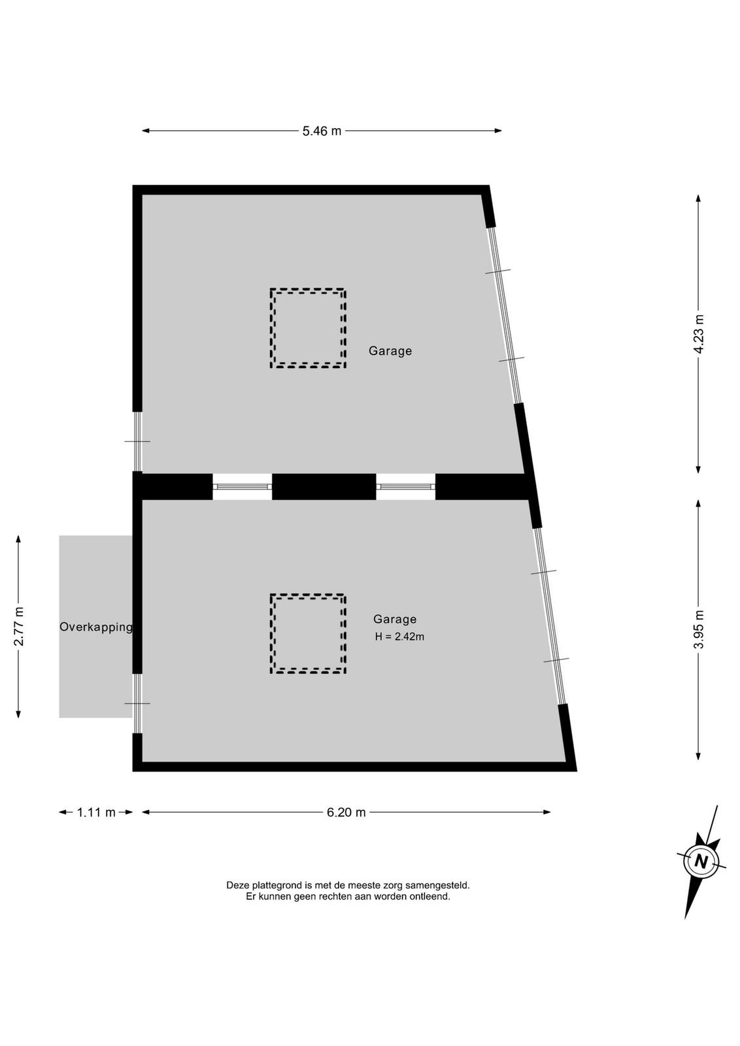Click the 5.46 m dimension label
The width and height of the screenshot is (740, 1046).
coord(322,131)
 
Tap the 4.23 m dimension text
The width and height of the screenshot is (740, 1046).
coord(698,334)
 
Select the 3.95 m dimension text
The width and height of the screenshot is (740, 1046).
coord(698,629)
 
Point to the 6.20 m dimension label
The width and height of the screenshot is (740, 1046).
coord(346,812)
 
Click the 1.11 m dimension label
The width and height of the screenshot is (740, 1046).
coord(96,812)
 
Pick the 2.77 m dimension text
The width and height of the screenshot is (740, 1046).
coord(19,626)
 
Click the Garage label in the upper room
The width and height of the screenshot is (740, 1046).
coord(390,350)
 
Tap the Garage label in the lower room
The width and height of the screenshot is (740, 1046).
coord(395,619)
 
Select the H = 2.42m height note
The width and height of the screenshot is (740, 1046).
coord(399,637)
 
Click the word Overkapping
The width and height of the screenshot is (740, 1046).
coord(96,627)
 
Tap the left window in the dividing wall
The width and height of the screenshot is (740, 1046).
coord(243,486)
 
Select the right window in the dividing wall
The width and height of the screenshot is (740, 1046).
coord(406,486)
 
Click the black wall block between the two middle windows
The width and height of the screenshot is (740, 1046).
coord(324,486)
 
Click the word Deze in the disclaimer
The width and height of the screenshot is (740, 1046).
coord(238,885)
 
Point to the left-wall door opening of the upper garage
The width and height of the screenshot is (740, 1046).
coord(137,441)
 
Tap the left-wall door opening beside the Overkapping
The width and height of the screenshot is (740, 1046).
coord(137,703)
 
